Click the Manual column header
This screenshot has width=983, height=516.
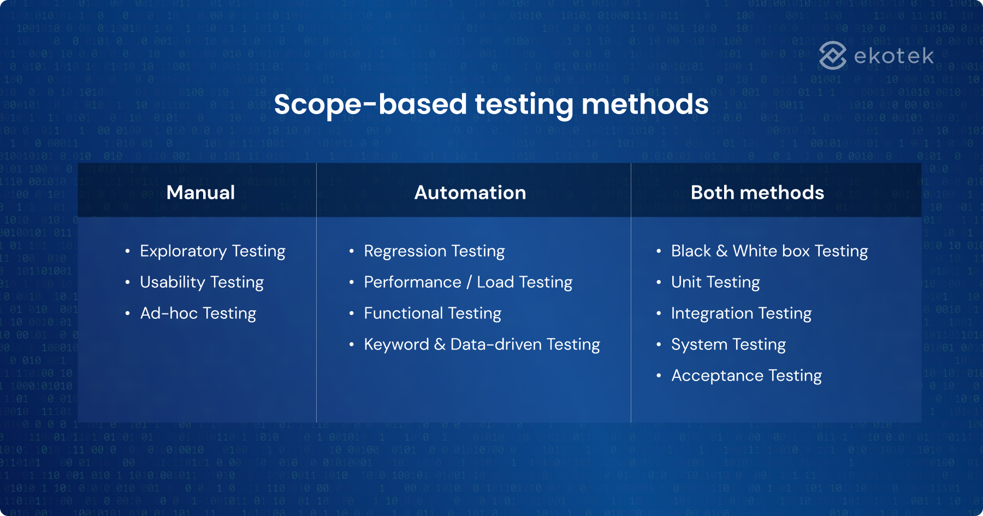(x=200, y=193)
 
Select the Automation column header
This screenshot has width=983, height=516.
(x=470, y=193)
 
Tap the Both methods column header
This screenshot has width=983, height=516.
(x=757, y=193)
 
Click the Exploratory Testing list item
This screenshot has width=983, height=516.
(x=212, y=251)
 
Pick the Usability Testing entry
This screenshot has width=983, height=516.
(x=202, y=282)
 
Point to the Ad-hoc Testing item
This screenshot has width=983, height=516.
(x=198, y=313)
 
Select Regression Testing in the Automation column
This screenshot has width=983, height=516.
(x=434, y=251)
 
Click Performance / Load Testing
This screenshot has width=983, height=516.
(x=468, y=282)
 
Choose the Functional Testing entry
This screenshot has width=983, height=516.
(x=433, y=313)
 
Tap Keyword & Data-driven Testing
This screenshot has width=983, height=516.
(x=482, y=345)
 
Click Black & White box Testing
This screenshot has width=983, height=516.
(x=769, y=251)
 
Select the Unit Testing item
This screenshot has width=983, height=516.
(x=715, y=282)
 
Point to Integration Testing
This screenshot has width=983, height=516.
(x=741, y=313)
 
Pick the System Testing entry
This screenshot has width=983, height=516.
(x=728, y=345)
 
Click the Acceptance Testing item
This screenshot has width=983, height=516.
(x=746, y=376)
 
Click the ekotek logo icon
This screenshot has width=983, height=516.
(x=832, y=56)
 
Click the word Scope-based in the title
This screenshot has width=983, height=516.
(x=370, y=104)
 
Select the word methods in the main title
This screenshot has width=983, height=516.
(x=645, y=104)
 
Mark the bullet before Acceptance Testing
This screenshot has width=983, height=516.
(x=659, y=376)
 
